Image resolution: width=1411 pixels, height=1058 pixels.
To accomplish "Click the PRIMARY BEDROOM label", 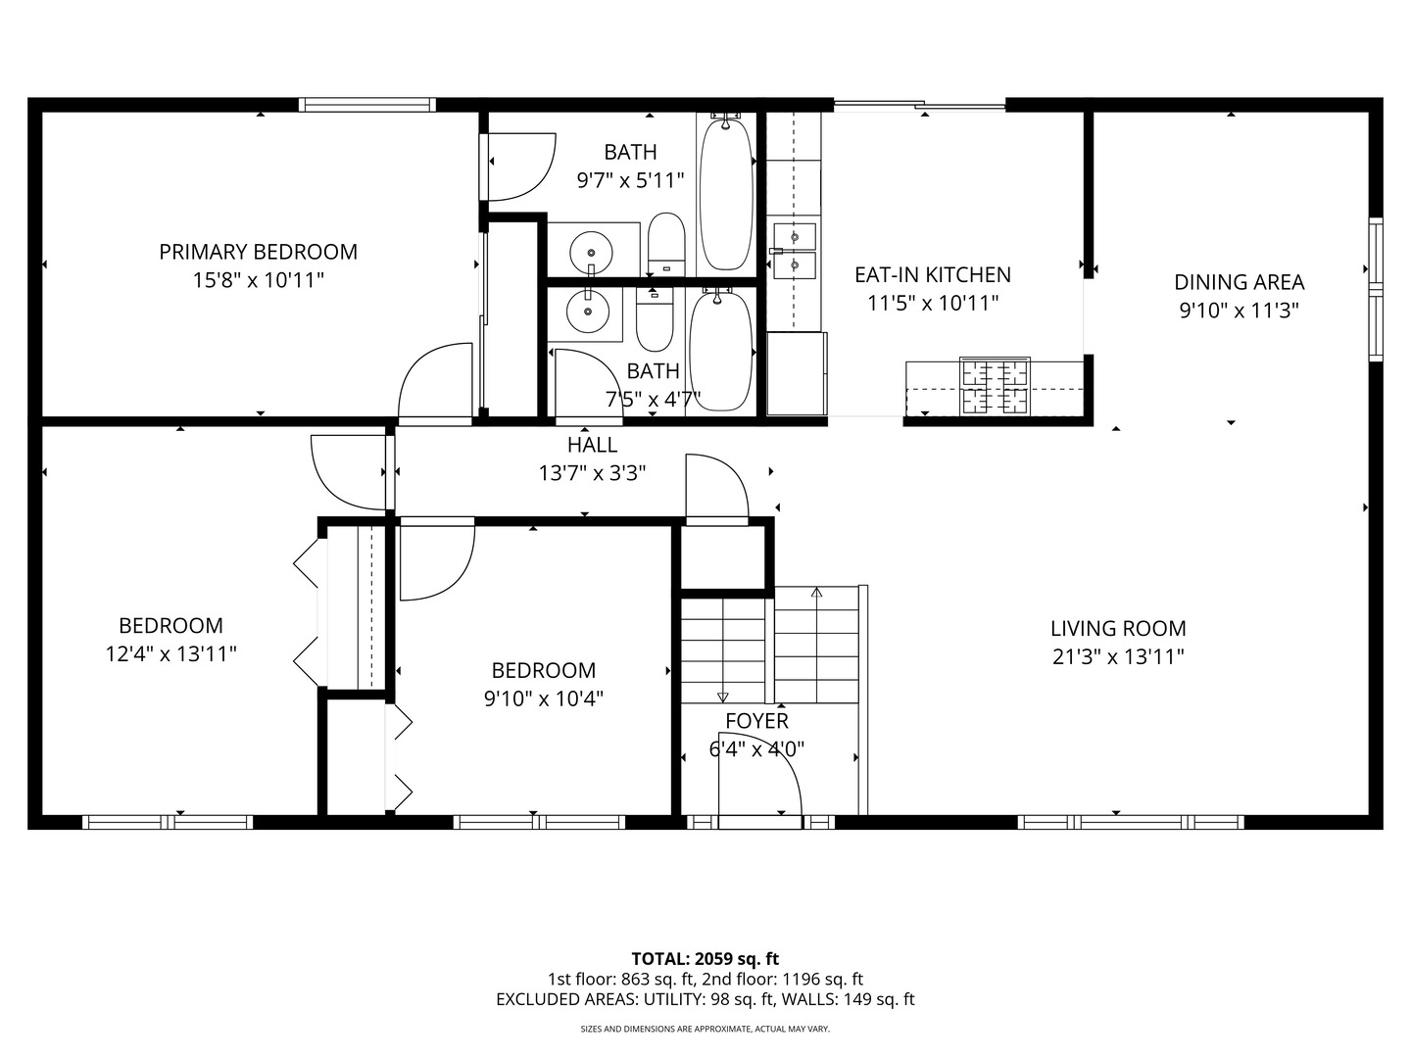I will coord(258,252).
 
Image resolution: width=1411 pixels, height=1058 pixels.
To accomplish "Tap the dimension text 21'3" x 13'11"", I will coord(1118,656).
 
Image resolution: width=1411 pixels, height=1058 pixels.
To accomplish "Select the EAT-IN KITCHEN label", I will coord(932,275).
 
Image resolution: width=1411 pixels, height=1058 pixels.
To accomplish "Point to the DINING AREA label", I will coord(1239,282).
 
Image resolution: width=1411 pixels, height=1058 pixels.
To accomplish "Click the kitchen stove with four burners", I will coord(995,386).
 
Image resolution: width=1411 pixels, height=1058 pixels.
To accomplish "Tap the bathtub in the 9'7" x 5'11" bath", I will coord(725,193).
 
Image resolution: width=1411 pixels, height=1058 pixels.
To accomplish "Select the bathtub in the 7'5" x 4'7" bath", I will coord(721,349).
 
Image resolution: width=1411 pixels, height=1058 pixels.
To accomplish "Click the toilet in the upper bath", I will coord(666,243).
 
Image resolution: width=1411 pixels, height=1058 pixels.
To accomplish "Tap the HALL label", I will coord(592,445).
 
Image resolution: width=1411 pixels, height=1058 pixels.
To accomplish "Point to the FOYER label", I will coord(756,721).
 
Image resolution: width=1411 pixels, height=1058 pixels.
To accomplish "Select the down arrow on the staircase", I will coord(722,696).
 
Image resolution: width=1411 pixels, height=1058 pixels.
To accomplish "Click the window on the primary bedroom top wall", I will coord(366,105).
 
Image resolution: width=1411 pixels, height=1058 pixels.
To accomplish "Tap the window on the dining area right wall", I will coord(1375,289).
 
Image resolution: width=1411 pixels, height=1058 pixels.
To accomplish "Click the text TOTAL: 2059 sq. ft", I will coord(705,958).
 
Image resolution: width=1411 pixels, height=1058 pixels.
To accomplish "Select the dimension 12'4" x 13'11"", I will coord(170,653).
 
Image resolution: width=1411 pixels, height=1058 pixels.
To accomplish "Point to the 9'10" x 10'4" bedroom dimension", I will coord(543,698).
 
